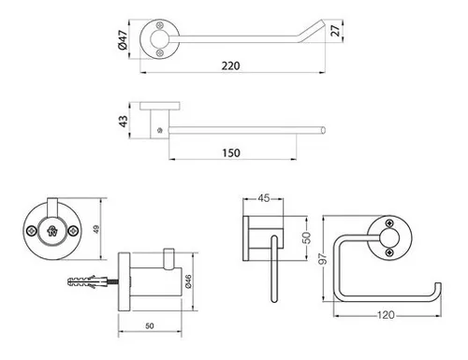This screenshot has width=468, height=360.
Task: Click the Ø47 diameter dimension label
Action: pos(123,39)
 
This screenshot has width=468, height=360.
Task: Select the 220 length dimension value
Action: pos(231,66)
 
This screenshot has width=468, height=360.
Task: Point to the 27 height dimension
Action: pos(335,31)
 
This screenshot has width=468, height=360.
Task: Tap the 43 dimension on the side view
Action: pos(124,121)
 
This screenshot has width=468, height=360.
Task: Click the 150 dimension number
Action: pos(231,153)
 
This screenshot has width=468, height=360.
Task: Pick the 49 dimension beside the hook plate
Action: pos(96,229)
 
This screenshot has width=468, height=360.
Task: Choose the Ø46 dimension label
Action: pos(188,281)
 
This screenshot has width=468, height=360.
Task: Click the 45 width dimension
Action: pos(264,198)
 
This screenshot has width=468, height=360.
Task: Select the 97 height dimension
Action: pos(323,259)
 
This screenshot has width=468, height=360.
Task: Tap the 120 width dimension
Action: pos(386,315)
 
